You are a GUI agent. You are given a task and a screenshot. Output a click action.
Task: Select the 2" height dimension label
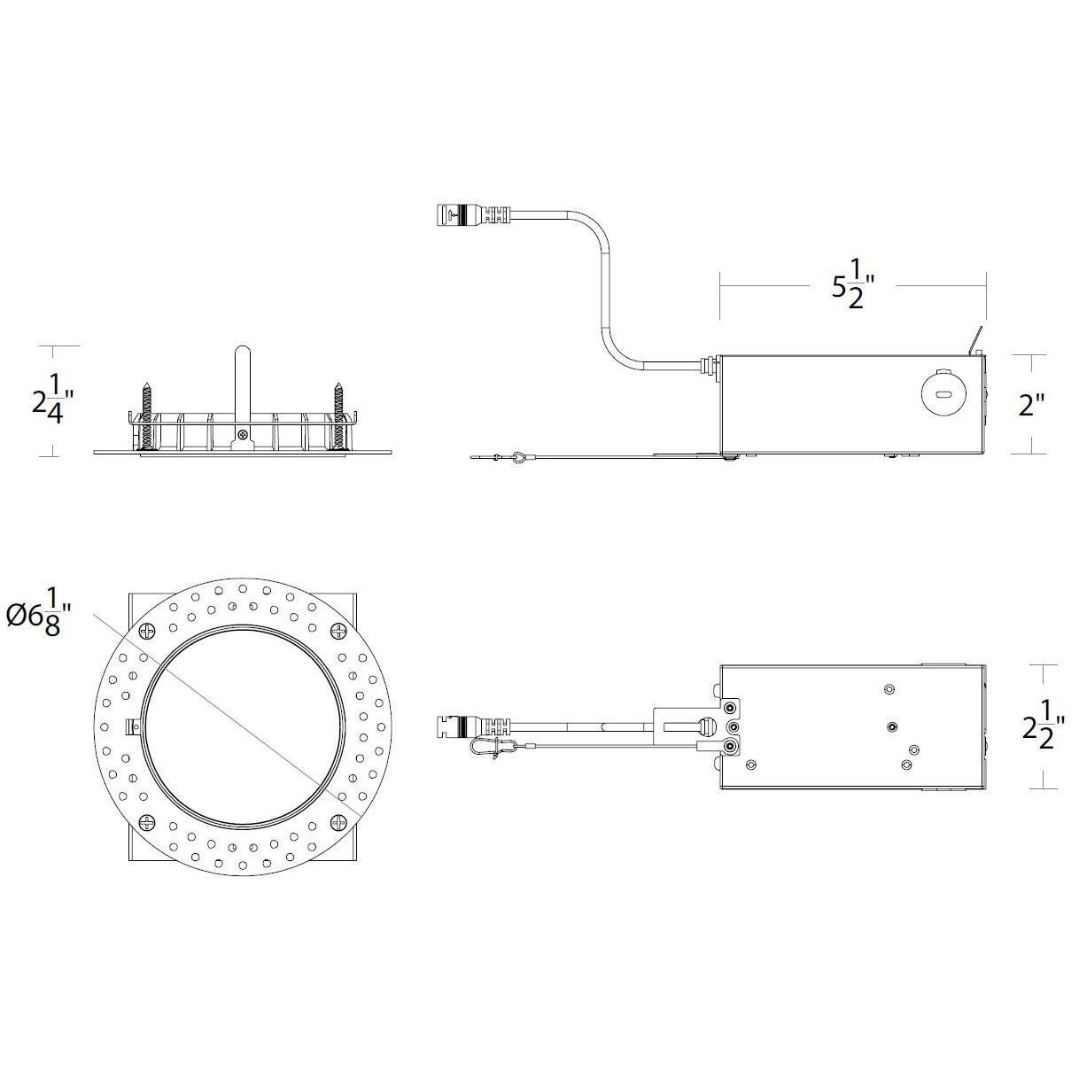[x=1031, y=405]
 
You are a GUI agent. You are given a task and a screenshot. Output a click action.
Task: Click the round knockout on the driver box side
[x=943, y=392]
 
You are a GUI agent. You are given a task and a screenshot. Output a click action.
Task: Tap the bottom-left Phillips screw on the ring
[x=146, y=822]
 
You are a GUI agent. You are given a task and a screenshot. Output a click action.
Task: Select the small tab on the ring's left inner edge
[x=135, y=726]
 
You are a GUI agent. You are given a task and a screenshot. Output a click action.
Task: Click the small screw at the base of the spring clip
[x=242, y=434]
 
